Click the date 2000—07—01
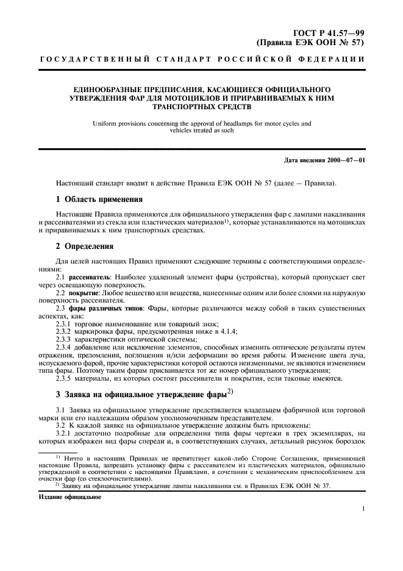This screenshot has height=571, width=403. coord(342,160)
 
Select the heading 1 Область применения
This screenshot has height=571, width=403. coord(99,199)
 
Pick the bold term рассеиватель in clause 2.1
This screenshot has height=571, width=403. coord(86,278)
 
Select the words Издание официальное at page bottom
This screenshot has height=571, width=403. coord(63,497)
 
